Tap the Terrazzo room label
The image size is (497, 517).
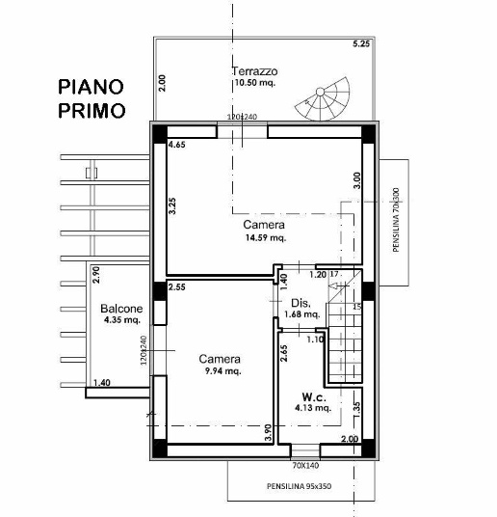(255, 72)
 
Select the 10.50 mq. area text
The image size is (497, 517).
(255, 85)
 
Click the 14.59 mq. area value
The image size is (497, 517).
(264, 237)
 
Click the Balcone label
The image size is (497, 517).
(121, 309)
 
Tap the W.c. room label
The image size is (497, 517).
(313, 395)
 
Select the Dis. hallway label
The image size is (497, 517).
(300, 303)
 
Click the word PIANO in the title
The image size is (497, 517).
(91, 88)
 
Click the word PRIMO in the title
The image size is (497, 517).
(91, 110)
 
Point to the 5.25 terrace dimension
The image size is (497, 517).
(361, 45)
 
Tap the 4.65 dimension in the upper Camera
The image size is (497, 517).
(177, 145)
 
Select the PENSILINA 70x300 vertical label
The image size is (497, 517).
(396, 220)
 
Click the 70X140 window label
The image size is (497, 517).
(306, 464)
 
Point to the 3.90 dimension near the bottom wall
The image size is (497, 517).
(269, 434)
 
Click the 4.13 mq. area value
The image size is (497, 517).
(313, 408)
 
